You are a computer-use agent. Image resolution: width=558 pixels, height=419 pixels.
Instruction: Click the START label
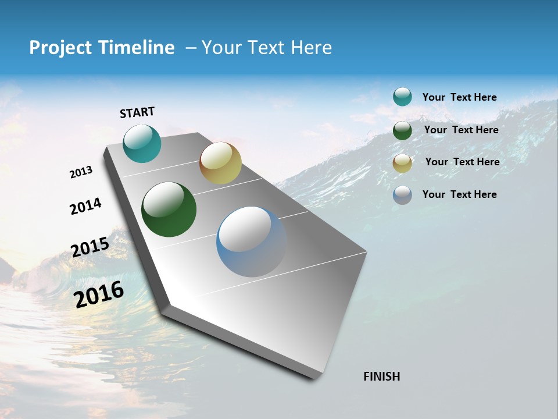(138, 112)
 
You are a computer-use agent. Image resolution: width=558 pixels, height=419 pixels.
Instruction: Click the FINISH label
(382, 377)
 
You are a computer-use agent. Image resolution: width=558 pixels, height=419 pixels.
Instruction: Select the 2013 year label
(81, 172)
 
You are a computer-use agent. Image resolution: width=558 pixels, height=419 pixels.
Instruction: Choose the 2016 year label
(99, 294)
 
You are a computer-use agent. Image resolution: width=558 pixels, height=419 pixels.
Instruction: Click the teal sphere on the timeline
(142, 143)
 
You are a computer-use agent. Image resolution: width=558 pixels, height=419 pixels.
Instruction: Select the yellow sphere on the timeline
(220, 163)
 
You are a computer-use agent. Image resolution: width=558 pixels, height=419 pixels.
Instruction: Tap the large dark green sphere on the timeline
(169, 210)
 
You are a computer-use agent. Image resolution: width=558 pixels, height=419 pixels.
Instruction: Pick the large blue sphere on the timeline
(252, 242)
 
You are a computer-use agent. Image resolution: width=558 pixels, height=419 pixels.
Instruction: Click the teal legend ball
(402, 97)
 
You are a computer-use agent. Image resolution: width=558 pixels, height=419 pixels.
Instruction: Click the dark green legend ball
(402, 130)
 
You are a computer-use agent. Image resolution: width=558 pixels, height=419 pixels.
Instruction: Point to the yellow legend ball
(402, 163)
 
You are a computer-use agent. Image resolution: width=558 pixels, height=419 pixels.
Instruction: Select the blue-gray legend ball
(402, 195)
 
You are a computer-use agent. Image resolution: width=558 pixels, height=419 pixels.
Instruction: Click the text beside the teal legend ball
(459, 97)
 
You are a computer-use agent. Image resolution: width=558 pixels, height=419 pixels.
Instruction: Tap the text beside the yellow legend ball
(462, 162)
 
